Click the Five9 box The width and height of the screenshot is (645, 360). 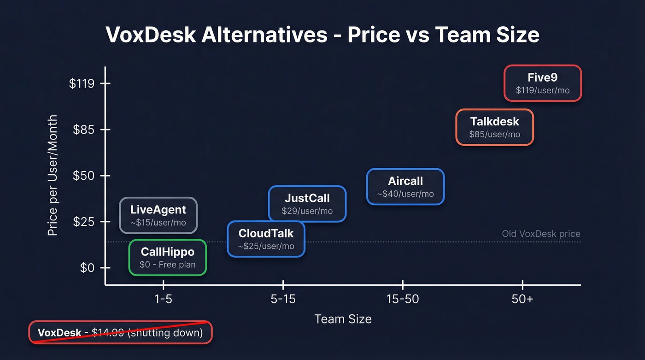point(543,83)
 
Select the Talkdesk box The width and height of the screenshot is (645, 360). point(494,127)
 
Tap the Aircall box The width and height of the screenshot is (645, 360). point(405,187)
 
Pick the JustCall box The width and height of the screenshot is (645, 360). point(307,204)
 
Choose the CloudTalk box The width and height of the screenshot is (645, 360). point(266,239)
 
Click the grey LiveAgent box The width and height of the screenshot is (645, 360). point(158,215)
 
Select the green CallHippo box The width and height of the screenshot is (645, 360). point(167,258)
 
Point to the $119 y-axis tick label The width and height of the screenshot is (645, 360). point(82,83)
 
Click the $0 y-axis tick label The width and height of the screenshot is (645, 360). point(88,268)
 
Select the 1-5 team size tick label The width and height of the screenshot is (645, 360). point(163,299)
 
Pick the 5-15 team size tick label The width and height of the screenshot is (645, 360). point(283,299)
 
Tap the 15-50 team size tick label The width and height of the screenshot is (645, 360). point(403,299)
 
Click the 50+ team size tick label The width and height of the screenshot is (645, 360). point(522,299)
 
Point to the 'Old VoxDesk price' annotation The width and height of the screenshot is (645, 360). point(541,234)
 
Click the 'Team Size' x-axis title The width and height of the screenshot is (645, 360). point(343,319)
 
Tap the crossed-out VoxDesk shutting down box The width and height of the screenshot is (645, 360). point(120,332)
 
